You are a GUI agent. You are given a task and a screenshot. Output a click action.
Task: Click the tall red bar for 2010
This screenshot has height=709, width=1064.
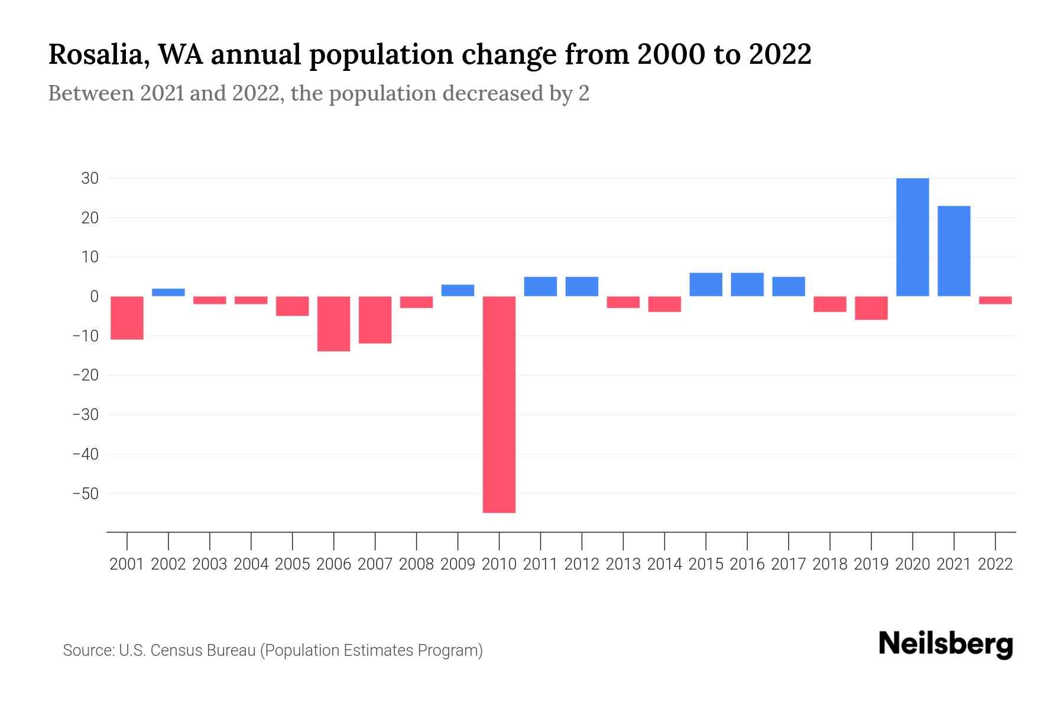point(499,404)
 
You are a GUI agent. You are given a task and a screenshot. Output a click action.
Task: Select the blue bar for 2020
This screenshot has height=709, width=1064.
point(912,237)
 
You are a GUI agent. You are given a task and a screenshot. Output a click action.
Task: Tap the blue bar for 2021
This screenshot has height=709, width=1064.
point(953,251)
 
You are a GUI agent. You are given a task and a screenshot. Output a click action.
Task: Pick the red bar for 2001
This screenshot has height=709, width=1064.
point(127,318)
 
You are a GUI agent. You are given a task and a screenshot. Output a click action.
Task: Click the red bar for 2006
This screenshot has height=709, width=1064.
point(333,324)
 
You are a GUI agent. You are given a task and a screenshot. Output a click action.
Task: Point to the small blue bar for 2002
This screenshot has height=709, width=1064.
point(168,292)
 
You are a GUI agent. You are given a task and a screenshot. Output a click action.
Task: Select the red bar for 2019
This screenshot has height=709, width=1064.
point(871,308)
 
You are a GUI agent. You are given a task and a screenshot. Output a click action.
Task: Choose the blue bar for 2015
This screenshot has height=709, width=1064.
point(706,285)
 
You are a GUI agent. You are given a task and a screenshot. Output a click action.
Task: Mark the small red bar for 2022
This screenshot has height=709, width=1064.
point(995,300)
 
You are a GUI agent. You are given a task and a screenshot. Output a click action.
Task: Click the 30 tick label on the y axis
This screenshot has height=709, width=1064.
point(90,178)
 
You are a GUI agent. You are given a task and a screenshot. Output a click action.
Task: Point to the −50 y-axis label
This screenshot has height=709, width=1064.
point(86,493)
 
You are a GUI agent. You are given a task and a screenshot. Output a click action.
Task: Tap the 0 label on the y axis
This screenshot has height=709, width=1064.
point(94,297)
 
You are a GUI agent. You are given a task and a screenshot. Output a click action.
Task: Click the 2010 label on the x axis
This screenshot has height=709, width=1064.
point(499,564)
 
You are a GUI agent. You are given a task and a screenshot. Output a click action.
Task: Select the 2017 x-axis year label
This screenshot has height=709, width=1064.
point(788,564)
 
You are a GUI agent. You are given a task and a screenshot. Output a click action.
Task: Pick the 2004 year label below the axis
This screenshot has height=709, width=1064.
point(251,564)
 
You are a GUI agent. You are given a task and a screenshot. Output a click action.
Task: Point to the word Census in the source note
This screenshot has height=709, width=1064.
point(176,651)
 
